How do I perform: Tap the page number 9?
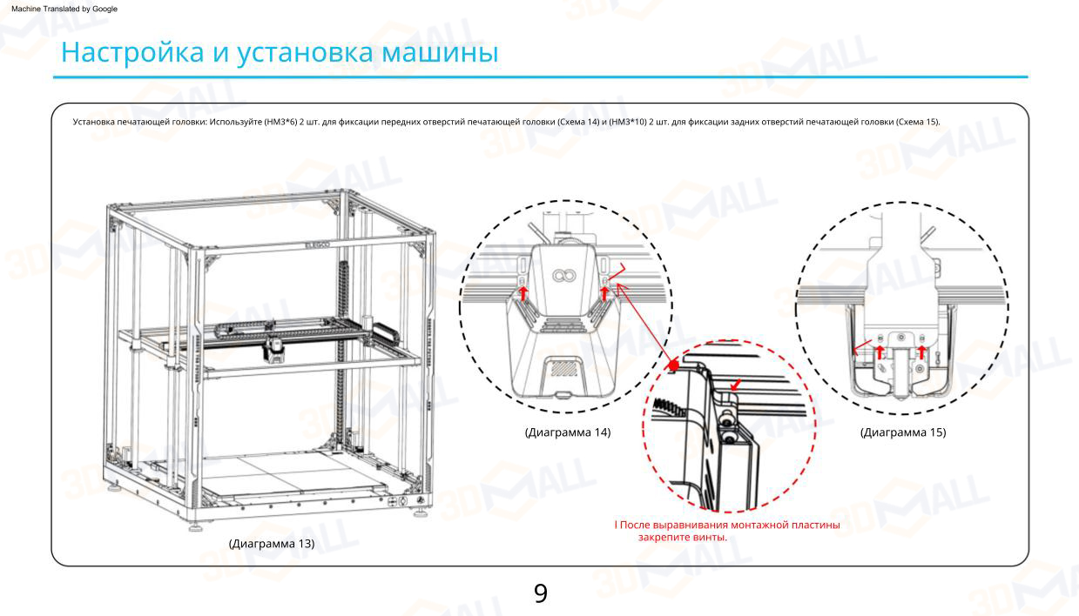pyautogui.click(x=540, y=593)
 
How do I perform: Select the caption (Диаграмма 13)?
pyautogui.click(x=272, y=544)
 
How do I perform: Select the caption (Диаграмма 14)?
pyautogui.click(x=568, y=432)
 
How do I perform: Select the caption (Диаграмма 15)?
pyautogui.click(x=903, y=432)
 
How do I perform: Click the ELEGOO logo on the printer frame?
pyautogui.click(x=318, y=246)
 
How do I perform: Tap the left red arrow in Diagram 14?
pyautogui.click(x=523, y=293)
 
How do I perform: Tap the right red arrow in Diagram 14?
pyautogui.click(x=604, y=293)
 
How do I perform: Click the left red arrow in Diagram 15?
pyautogui.click(x=880, y=352)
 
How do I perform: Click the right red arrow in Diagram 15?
pyautogui.click(x=922, y=352)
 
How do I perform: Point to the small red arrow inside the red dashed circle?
pyautogui.click(x=737, y=382)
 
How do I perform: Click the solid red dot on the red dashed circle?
pyautogui.click(x=674, y=364)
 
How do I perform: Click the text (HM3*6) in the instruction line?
pyautogui.click(x=281, y=122)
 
